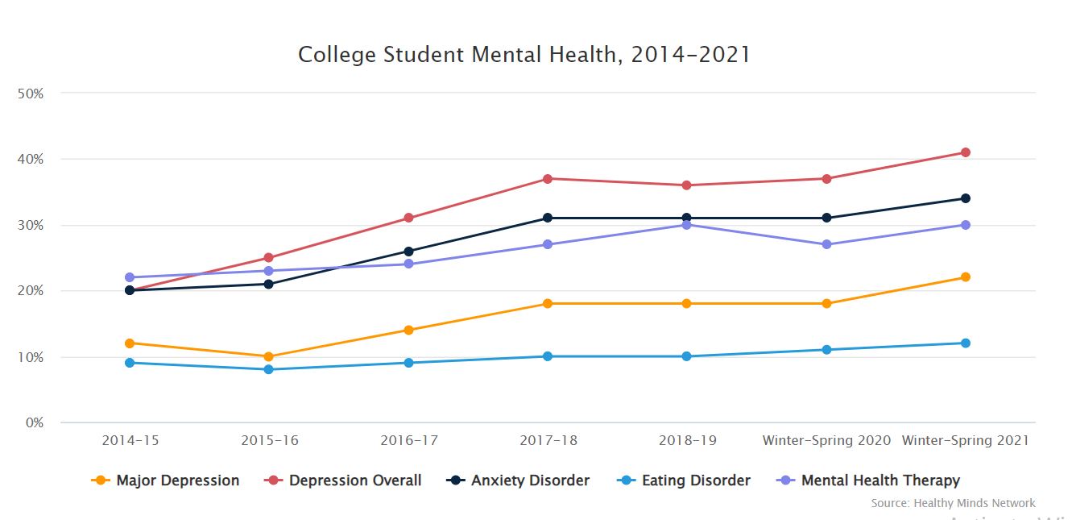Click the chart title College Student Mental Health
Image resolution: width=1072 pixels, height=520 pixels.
524,55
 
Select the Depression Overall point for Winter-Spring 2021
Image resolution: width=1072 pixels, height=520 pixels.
965,152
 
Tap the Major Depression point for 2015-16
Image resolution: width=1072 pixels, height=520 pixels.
268,356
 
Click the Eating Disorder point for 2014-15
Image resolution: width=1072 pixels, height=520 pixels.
129,363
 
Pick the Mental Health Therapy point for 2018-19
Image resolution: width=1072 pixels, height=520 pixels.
686,225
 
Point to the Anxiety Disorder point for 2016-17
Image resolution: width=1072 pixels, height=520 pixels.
408,252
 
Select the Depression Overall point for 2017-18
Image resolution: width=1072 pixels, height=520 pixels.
547,179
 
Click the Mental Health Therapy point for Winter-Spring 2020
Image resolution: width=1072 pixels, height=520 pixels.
826,244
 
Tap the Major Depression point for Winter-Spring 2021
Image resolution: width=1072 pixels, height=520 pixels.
965,277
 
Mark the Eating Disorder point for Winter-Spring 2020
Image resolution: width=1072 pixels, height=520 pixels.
826,350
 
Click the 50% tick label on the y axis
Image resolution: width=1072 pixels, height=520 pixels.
30,94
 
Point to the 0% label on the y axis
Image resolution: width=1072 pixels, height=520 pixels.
33,423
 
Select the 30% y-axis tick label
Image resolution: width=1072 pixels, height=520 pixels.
30,226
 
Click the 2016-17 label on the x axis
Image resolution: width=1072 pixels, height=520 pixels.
408,441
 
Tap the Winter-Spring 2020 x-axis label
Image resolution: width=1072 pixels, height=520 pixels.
826,441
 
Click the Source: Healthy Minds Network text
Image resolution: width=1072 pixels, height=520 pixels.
953,503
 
